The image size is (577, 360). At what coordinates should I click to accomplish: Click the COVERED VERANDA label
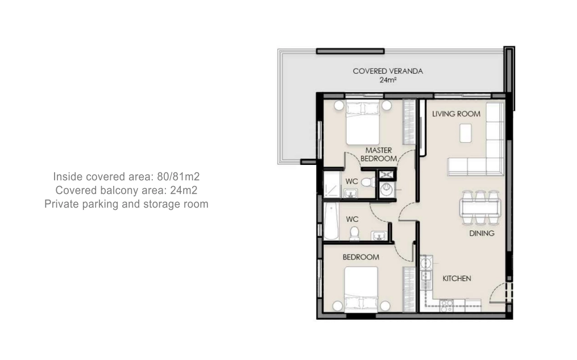tap(388, 71)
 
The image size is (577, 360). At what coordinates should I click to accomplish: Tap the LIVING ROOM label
tap(456, 114)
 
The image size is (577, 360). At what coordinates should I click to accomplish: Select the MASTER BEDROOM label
tap(379, 155)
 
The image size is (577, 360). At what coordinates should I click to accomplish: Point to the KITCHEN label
tap(456, 279)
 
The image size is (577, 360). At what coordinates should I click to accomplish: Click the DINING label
tap(481, 233)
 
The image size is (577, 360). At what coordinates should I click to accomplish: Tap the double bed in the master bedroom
tap(363, 123)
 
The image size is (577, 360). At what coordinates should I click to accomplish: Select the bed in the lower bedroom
tap(361, 289)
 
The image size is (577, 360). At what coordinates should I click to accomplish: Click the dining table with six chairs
tap(480, 208)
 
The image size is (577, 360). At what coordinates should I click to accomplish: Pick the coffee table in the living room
tap(466, 133)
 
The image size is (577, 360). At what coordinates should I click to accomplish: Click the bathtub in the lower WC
tap(331, 221)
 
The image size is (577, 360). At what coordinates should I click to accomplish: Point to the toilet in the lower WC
tap(354, 233)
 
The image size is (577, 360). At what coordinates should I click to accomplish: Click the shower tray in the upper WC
tap(331, 184)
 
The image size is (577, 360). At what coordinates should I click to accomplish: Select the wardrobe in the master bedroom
tap(409, 122)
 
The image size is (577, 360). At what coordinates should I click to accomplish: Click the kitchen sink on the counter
tap(426, 263)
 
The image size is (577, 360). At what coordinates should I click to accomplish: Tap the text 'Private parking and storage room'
tap(126, 204)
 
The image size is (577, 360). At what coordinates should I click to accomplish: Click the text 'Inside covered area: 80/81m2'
tap(126, 177)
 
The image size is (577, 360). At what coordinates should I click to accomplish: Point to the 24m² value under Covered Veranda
tap(388, 80)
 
